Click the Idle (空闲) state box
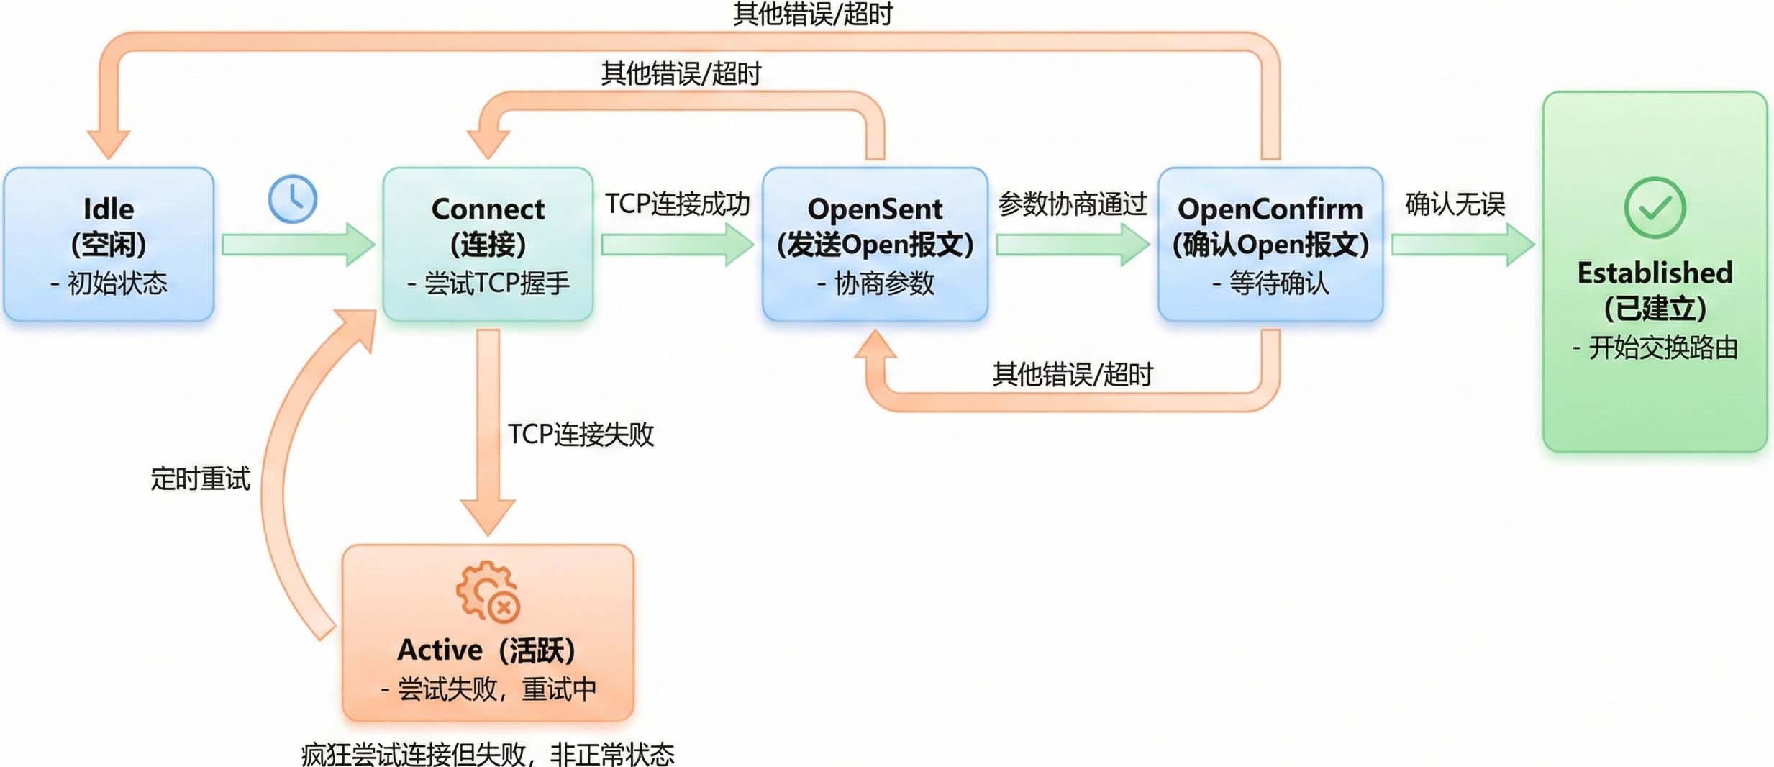click(x=109, y=245)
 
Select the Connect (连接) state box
click(x=488, y=245)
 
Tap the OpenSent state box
click(x=875, y=245)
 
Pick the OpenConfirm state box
click(x=1270, y=245)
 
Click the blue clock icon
click(x=293, y=199)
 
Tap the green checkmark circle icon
click(x=1655, y=208)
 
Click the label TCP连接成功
click(x=677, y=204)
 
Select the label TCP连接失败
click(x=581, y=435)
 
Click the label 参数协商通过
click(x=1072, y=204)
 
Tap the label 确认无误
click(x=1455, y=204)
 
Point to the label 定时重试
click(x=200, y=479)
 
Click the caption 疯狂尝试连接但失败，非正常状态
click(x=488, y=754)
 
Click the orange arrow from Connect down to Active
click(x=488, y=432)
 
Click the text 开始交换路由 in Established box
click(x=1662, y=348)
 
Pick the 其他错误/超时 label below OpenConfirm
click(x=1072, y=374)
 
